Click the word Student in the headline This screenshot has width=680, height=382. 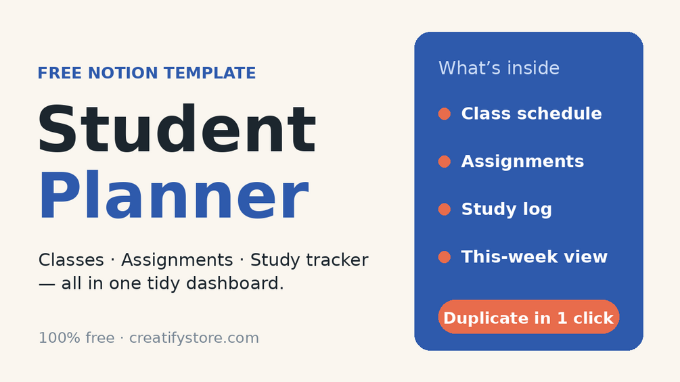[177, 128]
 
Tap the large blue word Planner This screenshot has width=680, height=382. [174, 196]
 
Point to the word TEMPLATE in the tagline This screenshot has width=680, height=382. [210, 73]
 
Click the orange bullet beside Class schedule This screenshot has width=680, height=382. [444, 114]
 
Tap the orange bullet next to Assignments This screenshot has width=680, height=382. [444, 162]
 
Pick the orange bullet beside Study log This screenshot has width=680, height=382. [444, 209]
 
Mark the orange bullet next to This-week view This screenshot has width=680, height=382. [444, 257]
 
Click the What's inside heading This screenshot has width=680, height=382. [499, 68]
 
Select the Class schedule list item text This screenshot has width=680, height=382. [531, 114]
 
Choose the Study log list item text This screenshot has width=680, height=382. [507, 209]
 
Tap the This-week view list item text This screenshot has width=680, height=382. [535, 256]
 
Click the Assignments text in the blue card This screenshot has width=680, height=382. [522, 162]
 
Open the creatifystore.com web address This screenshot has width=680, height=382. [194, 338]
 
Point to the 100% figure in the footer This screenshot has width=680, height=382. [55, 338]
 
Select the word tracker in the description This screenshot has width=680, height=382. [337, 260]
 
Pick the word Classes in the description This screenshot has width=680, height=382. [71, 260]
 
